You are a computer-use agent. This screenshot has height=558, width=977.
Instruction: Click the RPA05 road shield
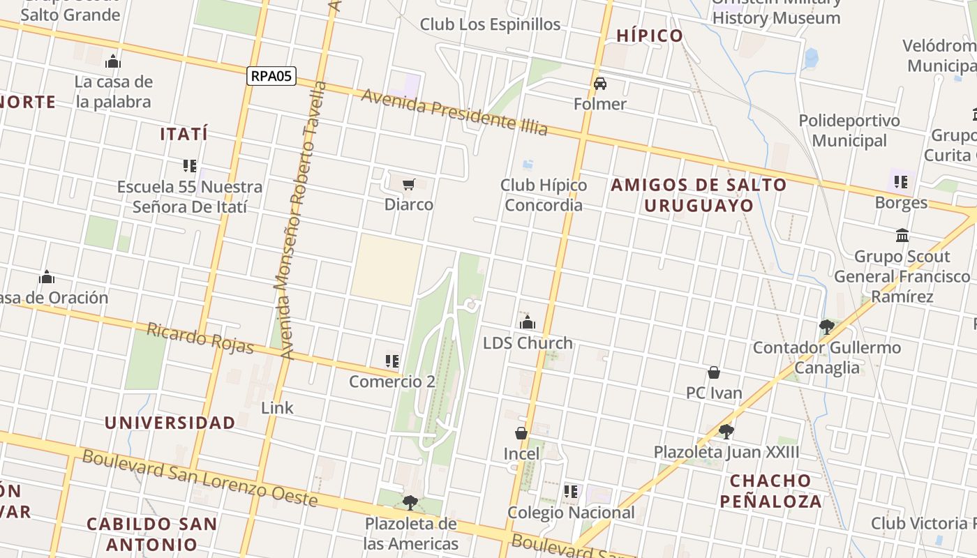tap(271, 76)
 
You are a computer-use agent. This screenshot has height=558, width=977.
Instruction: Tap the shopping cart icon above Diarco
tap(409, 184)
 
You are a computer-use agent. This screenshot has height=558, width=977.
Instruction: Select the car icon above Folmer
tap(600, 84)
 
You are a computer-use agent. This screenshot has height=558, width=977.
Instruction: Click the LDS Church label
tap(528, 343)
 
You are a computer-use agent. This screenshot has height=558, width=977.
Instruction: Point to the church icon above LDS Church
tap(528, 322)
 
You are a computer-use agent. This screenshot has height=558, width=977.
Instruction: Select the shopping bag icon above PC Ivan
tap(714, 372)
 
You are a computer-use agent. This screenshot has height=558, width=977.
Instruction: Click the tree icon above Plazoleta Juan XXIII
tap(726, 431)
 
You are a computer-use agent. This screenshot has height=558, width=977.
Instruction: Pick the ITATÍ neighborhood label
tap(184, 134)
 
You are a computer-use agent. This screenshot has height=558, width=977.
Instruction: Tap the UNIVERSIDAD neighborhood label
tap(170, 423)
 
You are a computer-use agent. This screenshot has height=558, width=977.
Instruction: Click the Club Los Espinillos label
tap(490, 24)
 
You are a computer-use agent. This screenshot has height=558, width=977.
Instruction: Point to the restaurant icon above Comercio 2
tap(392, 361)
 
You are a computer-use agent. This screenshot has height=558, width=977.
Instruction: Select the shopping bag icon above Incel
tap(521, 433)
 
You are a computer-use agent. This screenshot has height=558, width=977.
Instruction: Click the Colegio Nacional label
tap(571, 513)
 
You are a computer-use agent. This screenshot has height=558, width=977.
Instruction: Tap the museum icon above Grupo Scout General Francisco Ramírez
tap(902, 235)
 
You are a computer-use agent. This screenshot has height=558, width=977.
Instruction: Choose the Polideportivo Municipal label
tap(849, 130)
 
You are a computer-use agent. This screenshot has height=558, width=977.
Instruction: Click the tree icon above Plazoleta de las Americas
tap(410, 502)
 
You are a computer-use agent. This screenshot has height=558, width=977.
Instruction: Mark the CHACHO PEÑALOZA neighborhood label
tap(770, 490)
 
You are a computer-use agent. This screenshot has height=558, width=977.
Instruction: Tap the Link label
tap(277, 407)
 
